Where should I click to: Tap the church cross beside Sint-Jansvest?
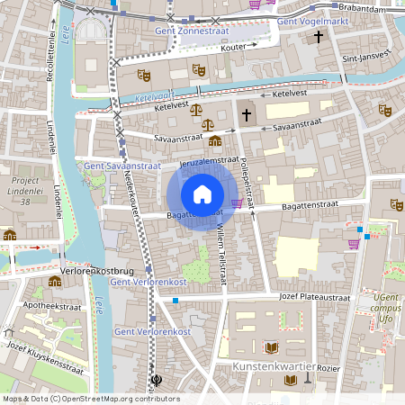point(317,37)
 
